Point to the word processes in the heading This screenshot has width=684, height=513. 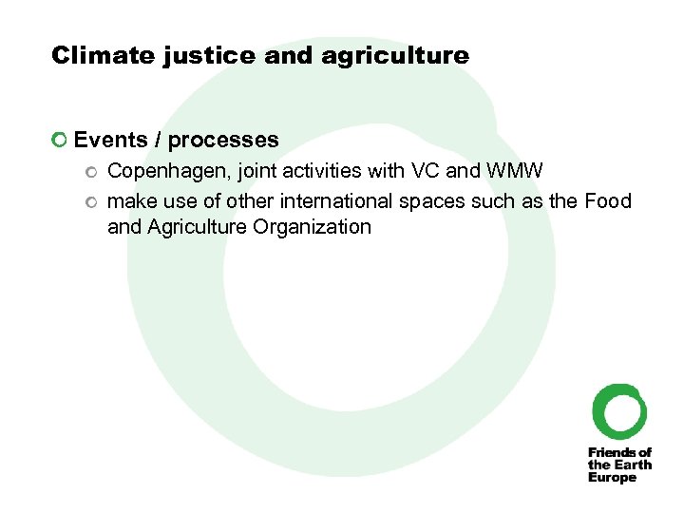pos(224,141)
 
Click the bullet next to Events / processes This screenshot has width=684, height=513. pos(61,142)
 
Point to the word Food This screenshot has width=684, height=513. pos(608,200)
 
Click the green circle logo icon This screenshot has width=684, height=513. pos(619,411)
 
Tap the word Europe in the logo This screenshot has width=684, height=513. pos(613,478)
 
